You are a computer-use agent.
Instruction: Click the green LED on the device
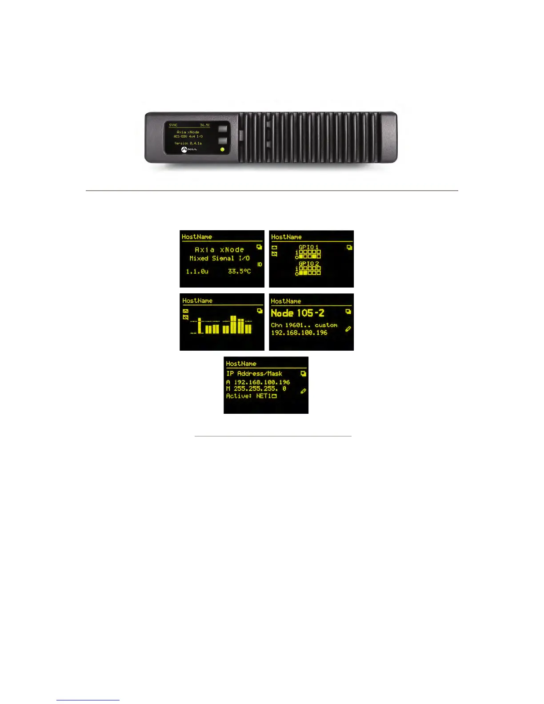[222, 150]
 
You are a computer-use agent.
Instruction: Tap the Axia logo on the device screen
[189, 150]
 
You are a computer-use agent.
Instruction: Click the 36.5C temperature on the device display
[205, 125]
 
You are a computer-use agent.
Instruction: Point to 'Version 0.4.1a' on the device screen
[188, 143]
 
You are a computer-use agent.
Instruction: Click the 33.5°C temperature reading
[239, 271]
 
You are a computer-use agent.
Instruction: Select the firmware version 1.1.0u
[197, 271]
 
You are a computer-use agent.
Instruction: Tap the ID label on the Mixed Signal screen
[260, 264]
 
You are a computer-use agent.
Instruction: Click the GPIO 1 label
[308, 247]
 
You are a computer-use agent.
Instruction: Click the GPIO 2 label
[308, 264]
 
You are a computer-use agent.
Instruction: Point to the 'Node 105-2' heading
[297, 313]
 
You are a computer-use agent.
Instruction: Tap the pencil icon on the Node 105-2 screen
[348, 329]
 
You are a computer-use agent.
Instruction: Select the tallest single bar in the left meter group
[200, 326]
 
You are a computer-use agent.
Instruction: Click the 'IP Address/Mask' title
[254, 374]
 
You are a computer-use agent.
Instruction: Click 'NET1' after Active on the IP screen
[264, 396]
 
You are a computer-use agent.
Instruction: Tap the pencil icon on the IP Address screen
[303, 391]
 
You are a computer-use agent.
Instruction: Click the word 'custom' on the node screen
[326, 325]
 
